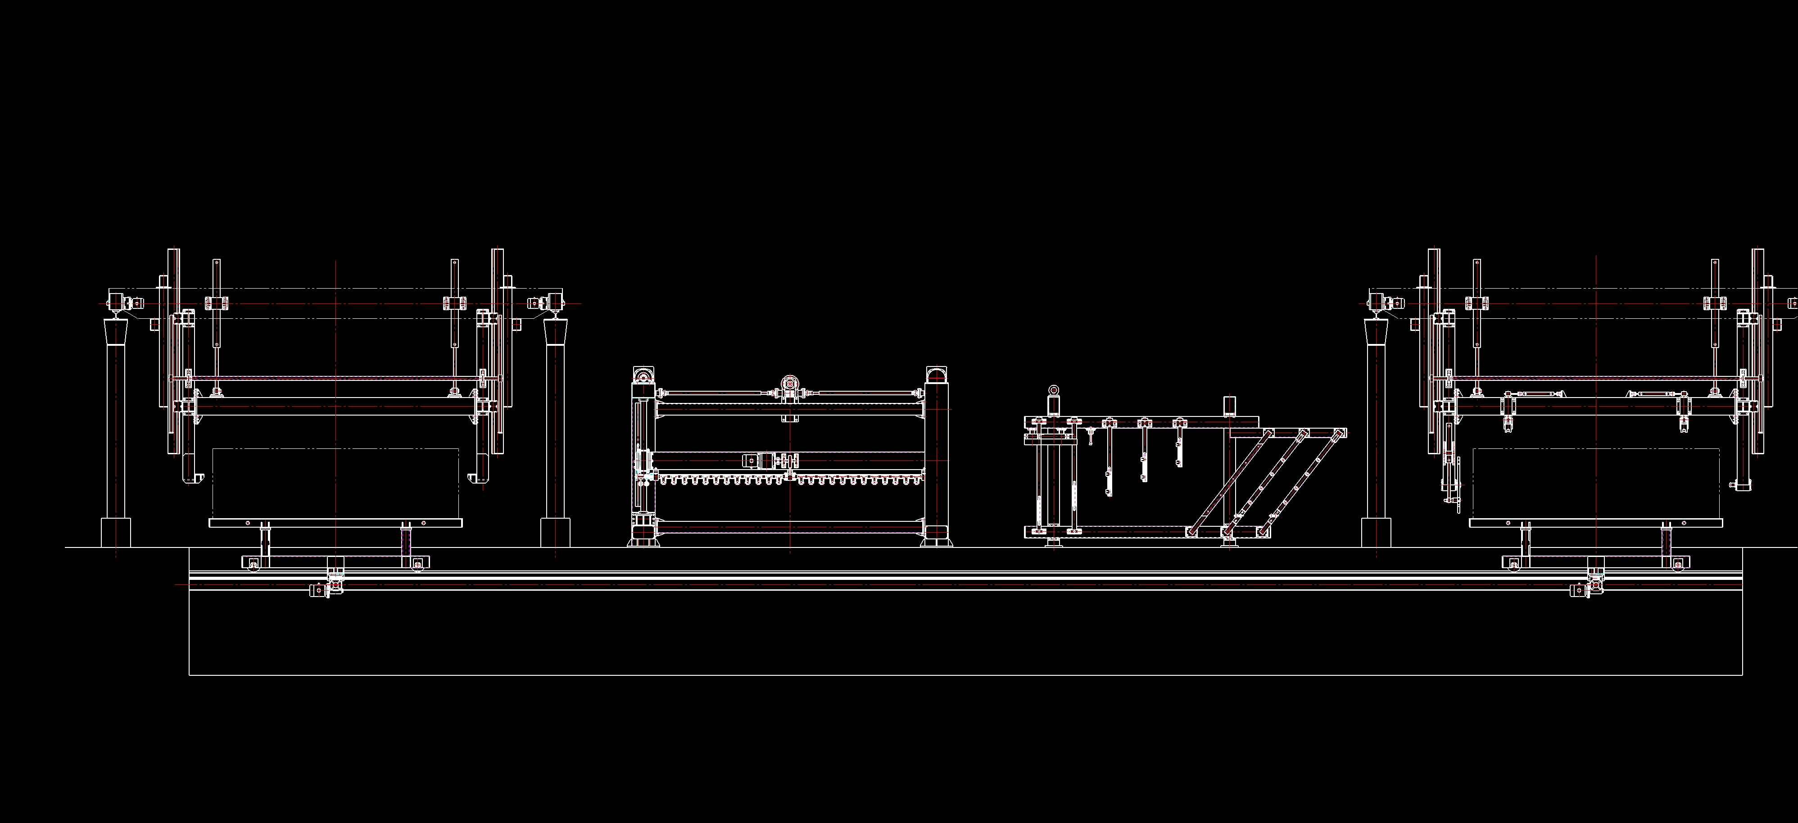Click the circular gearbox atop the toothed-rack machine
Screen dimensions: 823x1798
pyautogui.click(x=789, y=383)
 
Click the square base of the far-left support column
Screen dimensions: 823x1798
pyautogui.click(x=116, y=532)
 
